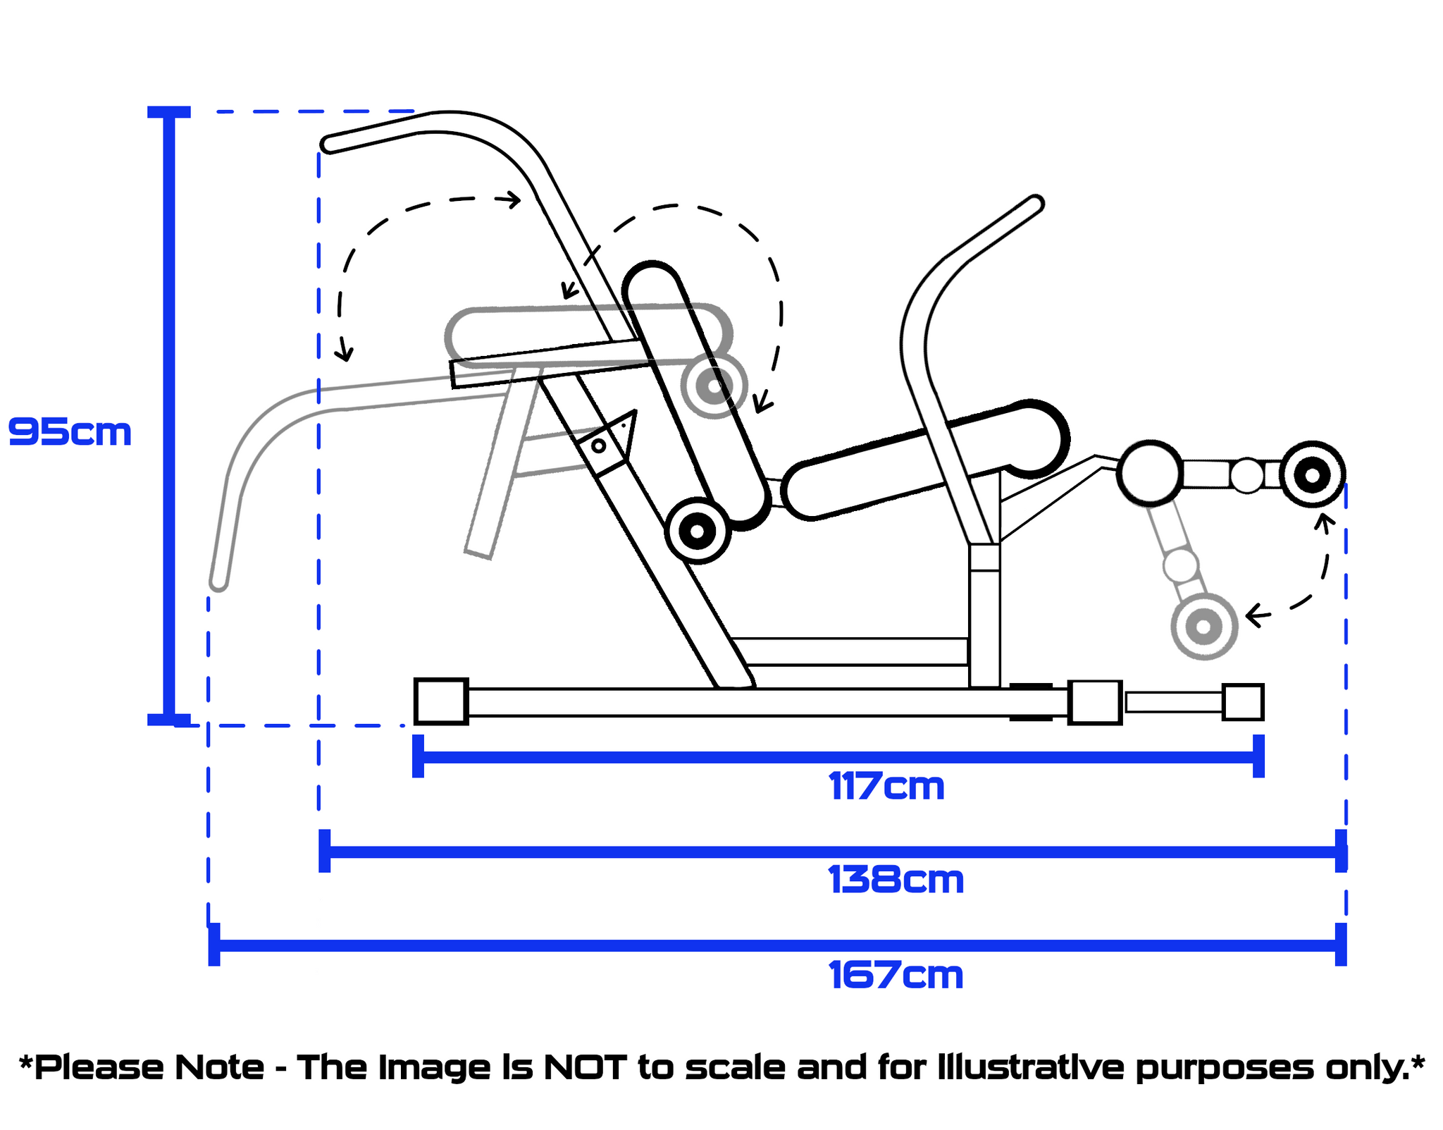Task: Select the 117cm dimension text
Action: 886,786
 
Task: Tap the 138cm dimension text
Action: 896,880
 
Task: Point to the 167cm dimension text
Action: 896,976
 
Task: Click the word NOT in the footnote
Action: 584,1067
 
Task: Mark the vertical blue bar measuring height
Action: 169,416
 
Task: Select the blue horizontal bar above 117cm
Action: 838,757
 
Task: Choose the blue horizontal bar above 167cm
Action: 775,945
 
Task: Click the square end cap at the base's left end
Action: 441,701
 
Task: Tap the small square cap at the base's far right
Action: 1242,702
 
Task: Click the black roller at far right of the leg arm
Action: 1312,475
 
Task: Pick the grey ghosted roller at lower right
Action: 1203,626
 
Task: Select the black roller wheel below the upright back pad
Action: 697,531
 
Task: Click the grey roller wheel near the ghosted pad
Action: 714,385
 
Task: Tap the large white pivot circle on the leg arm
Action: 1150,474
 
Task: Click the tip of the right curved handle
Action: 1035,203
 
